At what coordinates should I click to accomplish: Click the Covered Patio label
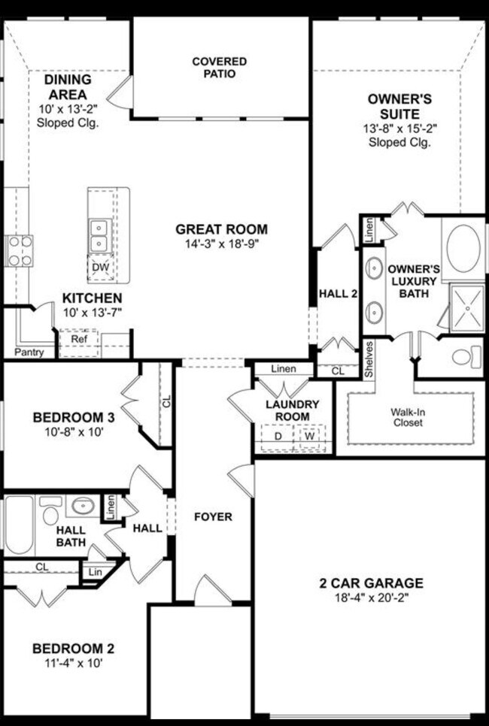pyautogui.click(x=219, y=67)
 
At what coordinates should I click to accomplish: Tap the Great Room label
pyautogui.click(x=221, y=229)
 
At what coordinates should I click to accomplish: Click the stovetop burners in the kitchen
pyautogui.click(x=19, y=250)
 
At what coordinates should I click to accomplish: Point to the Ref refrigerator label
pyautogui.click(x=79, y=339)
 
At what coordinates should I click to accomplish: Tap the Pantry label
pyautogui.click(x=29, y=352)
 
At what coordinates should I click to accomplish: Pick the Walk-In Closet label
pyautogui.click(x=406, y=417)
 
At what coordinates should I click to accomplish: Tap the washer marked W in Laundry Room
pyautogui.click(x=308, y=436)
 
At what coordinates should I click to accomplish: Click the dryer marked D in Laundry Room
pyautogui.click(x=277, y=436)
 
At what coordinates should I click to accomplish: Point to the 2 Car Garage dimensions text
pyautogui.click(x=370, y=599)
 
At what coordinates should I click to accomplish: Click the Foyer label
pyautogui.click(x=213, y=517)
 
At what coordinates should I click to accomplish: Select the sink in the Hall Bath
pyautogui.click(x=80, y=506)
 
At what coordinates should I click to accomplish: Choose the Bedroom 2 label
pyautogui.click(x=73, y=648)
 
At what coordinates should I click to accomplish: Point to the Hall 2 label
pyautogui.click(x=338, y=294)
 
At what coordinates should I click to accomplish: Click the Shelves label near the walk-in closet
pyautogui.click(x=369, y=359)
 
